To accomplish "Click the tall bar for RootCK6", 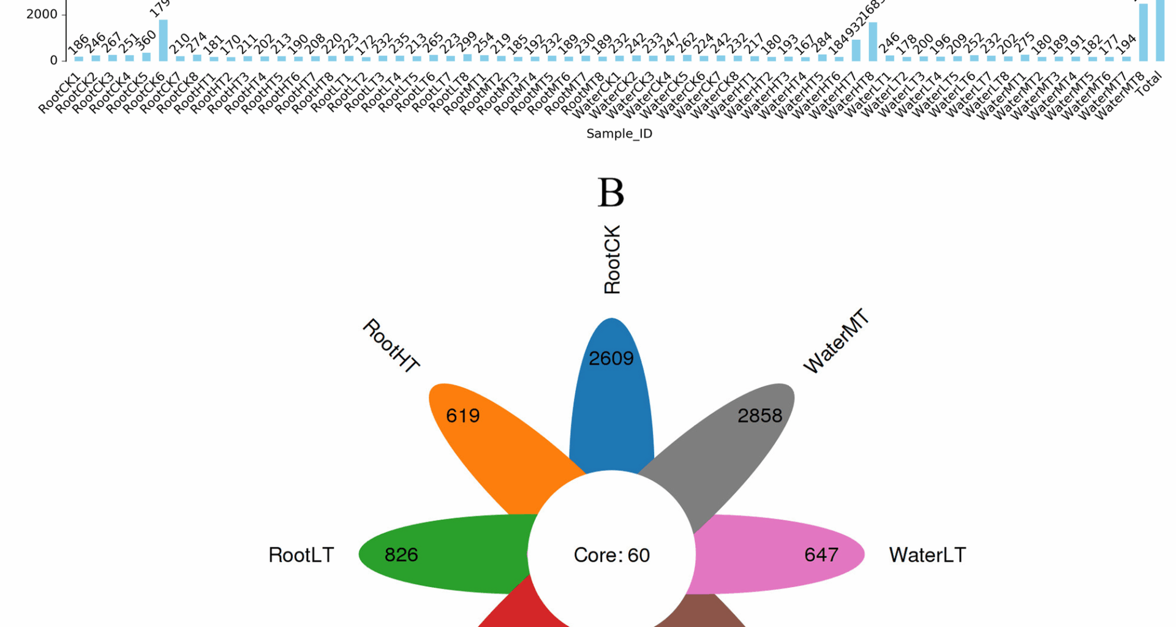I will (x=163, y=40).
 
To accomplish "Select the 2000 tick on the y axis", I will (x=42, y=14).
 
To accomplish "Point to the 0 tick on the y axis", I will (x=54, y=61).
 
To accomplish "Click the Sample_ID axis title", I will (x=619, y=133).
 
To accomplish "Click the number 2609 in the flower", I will (x=611, y=358).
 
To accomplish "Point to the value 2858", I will (x=759, y=416).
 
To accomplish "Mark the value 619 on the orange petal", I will (x=462, y=416).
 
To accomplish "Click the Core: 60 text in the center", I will (x=611, y=555).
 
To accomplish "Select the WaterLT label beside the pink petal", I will (x=927, y=555).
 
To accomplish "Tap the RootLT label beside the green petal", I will (x=301, y=555).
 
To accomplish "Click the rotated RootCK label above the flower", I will (x=612, y=260).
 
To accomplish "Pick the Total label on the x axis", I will (x=1149, y=84).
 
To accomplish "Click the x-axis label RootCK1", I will (x=59, y=93).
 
